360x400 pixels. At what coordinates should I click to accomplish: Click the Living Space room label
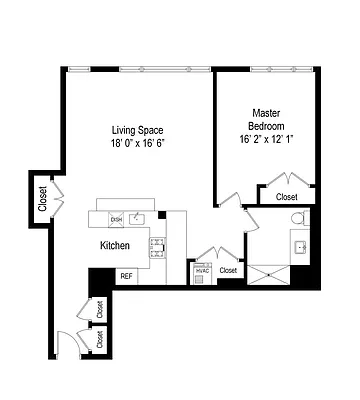pos(137,130)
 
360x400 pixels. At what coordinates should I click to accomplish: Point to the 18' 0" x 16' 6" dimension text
pos(137,143)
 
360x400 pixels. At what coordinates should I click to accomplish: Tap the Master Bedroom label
pos(265,119)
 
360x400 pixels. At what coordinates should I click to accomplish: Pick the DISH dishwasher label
pos(116,219)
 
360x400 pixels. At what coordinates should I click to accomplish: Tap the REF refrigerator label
pos(126,276)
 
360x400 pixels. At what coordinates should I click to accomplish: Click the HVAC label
pos(202,270)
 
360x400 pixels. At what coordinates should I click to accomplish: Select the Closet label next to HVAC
pos(228,270)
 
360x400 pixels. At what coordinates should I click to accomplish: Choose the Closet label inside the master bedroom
pos(287,197)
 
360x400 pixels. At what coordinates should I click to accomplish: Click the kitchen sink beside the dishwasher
pos(139,218)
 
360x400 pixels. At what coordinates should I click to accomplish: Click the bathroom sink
pos(297,246)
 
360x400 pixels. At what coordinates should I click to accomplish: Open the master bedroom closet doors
pos(287,183)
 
